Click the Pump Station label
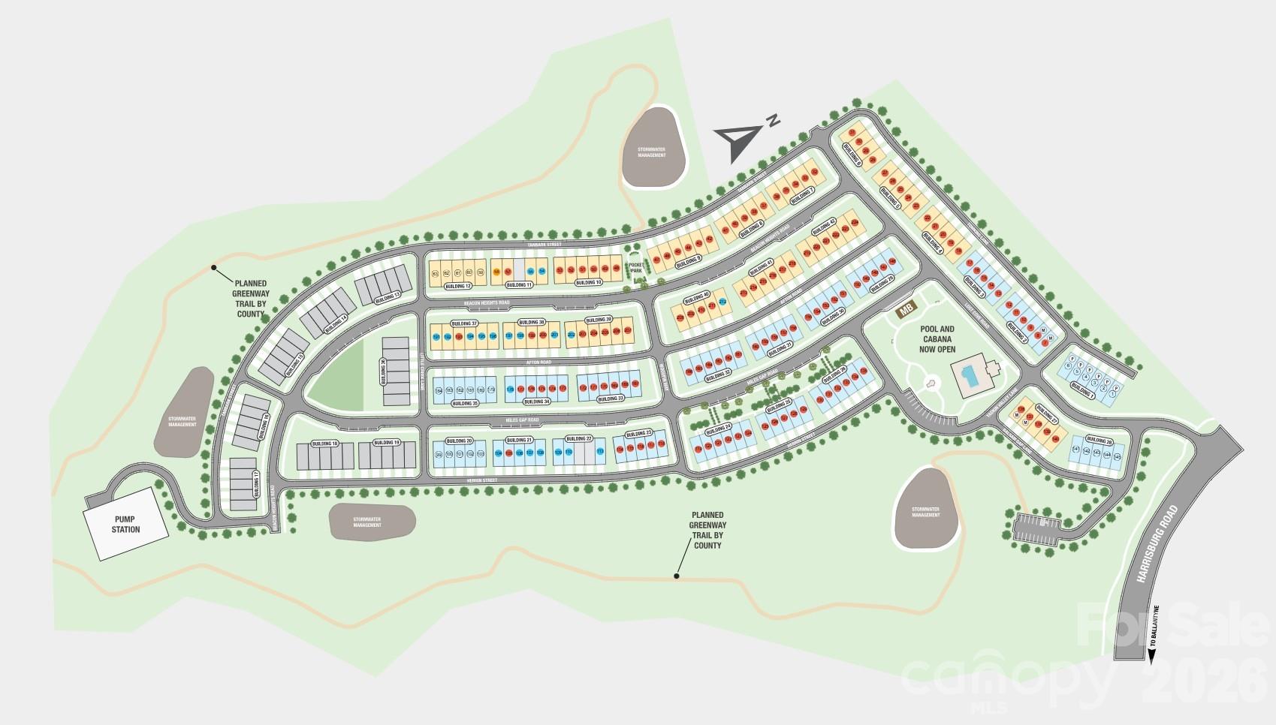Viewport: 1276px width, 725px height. click(126, 524)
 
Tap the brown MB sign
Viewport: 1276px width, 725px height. click(906, 308)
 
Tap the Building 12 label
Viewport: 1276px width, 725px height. click(457, 286)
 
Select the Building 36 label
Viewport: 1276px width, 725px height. click(383, 372)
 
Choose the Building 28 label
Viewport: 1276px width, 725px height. click(1097, 441)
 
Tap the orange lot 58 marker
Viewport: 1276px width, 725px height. click(496, 271)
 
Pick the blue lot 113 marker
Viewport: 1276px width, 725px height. click(600, 452)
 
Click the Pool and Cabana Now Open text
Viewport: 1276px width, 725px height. click(937, 338)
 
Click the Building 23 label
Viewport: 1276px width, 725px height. click(639, 434)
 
